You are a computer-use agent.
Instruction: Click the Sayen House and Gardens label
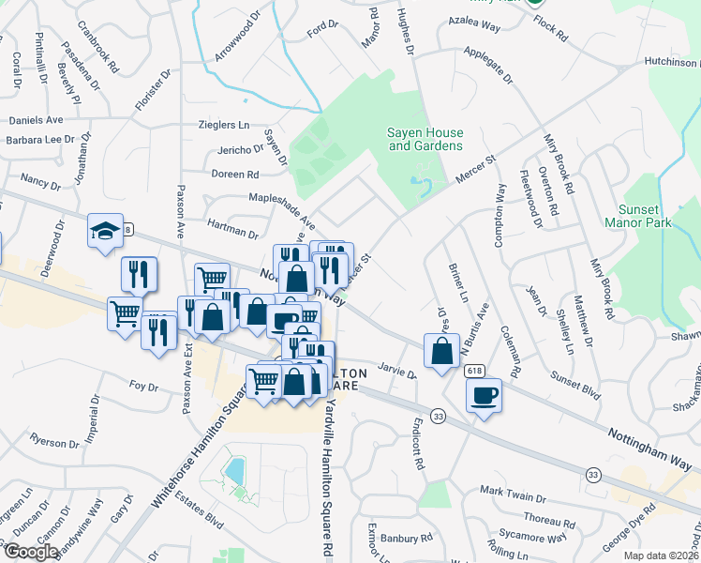[425, 140]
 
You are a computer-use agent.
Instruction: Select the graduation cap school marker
[106, 230]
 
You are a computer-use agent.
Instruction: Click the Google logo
[30, 552]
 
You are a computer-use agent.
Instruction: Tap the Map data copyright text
[661, 555]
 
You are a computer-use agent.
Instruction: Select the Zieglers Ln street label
[224, 125]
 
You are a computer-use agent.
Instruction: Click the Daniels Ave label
[36, 120]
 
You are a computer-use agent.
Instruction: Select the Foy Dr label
[143, 386]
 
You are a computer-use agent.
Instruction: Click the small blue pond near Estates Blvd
[235, 467]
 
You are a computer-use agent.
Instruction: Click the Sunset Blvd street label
[575, 383]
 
